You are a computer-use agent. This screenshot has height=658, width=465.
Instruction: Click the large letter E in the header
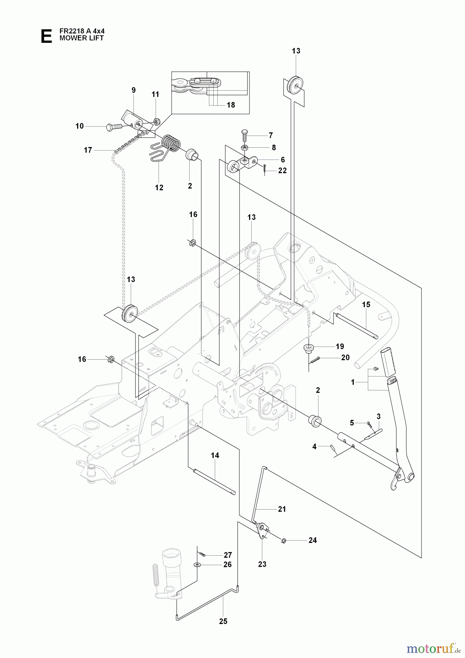tap(46, 37)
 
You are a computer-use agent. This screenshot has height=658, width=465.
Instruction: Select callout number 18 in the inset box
tap(230, 105)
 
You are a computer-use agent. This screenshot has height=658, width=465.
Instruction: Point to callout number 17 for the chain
tap(88, 150)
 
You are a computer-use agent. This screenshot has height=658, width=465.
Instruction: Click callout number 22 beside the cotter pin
tap(282, 170)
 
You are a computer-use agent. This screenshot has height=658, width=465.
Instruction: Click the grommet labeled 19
tap(309, 347)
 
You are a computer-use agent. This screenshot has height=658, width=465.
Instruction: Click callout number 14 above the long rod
tap(215, 455)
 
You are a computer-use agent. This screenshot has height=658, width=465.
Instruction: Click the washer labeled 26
tap(197, 565)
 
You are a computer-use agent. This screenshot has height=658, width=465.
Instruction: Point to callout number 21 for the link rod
tap(282, 509)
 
